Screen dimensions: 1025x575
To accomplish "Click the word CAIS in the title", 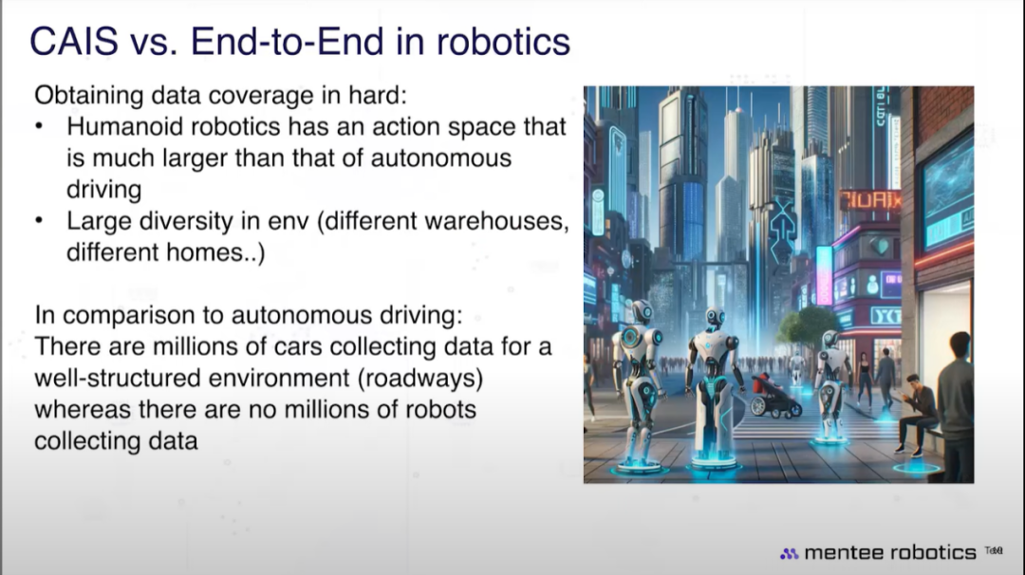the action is pyautogui.click(x=74, y=42).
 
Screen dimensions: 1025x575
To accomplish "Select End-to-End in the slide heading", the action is pyautogui.click(x=287, y=42).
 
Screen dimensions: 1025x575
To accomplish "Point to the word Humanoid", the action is pyautogui.click(x=118, y=126).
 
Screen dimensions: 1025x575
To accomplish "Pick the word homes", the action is pyautogui.click(x=213, y=252).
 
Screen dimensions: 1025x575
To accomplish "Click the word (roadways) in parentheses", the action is pyautogui.click(x=420, y=379).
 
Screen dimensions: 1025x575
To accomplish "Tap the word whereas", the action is pyautogui.click(x=83, y=410).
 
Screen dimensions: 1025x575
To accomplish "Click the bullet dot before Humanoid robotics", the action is pyautogui.click(x=40, y=126).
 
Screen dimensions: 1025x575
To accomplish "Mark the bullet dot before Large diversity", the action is pyautogui.click(x=40, y=221).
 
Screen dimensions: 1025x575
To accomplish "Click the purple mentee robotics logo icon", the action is pyautogui.click(x=789, y=553).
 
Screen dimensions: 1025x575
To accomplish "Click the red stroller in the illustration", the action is pyautogui.click(x=773, y=396).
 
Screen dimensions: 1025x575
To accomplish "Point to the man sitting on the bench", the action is pyautogui.click(x=917, y=414).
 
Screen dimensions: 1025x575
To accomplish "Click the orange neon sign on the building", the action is pyautogui.click(x=869, y=200).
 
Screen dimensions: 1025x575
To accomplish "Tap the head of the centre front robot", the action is pyautogui.click(x=716, y=318).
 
